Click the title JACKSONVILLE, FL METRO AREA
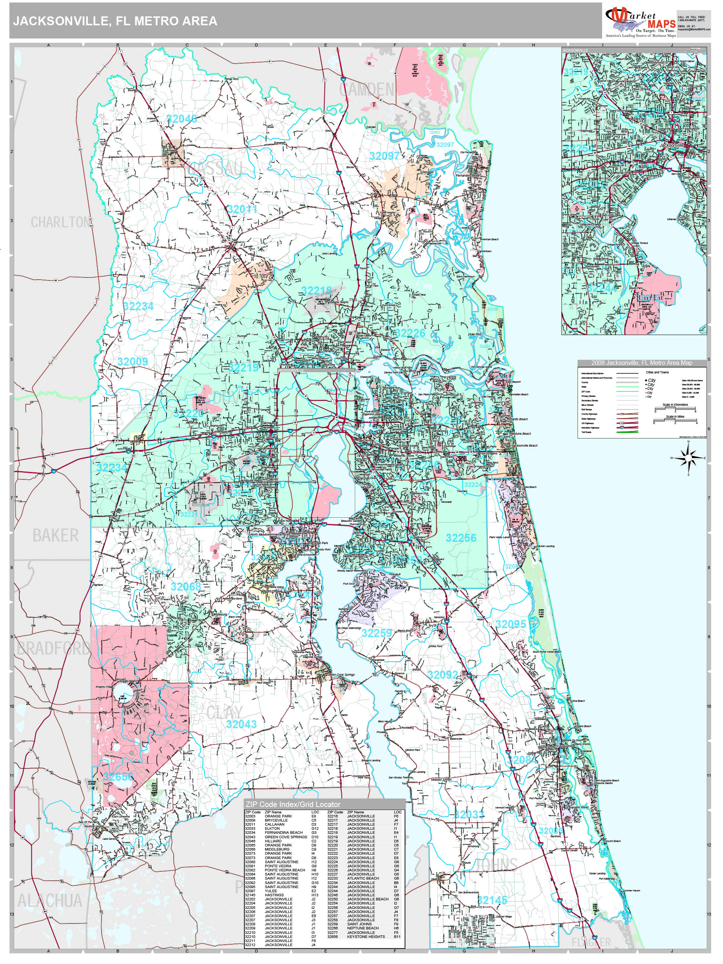(x=115, y=21)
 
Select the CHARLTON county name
(x=60, y=222)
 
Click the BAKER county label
(x=55, y=535)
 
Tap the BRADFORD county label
(x=52, y=649)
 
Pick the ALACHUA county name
(x=49, y=900)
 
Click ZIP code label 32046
(x=181, y=118)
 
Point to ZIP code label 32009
(x=132, y=361)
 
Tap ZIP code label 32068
(x=186, y=587)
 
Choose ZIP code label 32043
(x=241, y=724)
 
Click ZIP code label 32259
(x=376, y=633)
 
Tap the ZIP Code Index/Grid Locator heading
(x=292, y=804)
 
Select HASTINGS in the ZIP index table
(x=274, y=895)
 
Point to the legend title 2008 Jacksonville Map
(x=642, y=363)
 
